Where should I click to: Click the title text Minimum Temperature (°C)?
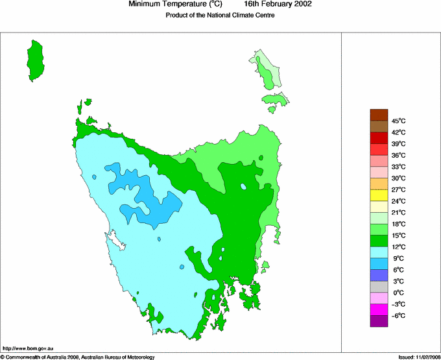click(x=175, y=5)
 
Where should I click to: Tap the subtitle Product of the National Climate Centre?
click(x=220, y=16)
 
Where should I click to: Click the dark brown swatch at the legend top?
click(x=379, y=115)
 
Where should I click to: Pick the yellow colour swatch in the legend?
click(x=379, y=195)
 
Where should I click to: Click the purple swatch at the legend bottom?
click(x=379, y=320)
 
